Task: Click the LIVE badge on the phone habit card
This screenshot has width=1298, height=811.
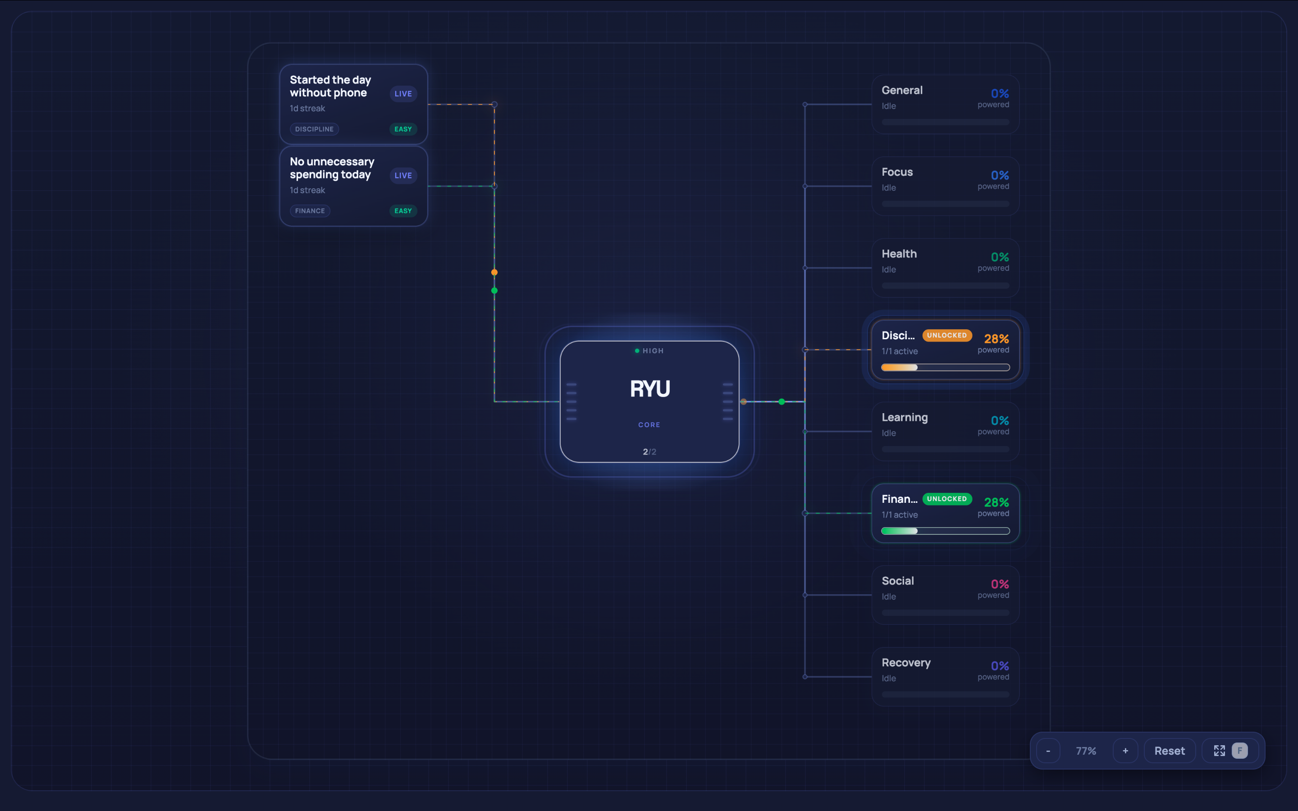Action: tap(403, 94)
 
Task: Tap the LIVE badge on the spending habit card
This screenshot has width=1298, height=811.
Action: tap(403, 175)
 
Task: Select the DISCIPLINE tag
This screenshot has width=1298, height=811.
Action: tap(314, 129)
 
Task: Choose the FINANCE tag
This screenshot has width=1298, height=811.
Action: tap(310, 211)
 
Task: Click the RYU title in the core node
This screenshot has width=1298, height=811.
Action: tap(649, 389)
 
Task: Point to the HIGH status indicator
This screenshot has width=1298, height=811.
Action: tap(649, 351)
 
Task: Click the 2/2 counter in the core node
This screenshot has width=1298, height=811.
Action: tap(649, 451)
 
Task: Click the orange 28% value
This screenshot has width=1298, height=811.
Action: tap(996, 339)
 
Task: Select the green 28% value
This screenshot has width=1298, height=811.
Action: tap(996, 502)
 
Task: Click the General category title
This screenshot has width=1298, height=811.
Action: tap(902, 90)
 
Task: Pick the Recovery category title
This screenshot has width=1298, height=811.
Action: tap(906, 663)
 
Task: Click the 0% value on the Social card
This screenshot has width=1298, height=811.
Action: tap(1000, 584)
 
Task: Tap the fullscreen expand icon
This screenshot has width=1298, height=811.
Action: tap(1220, 751)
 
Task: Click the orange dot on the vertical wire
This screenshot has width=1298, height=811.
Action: tap(494, 273)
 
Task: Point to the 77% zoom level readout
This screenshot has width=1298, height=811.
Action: tap(1086, 751)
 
